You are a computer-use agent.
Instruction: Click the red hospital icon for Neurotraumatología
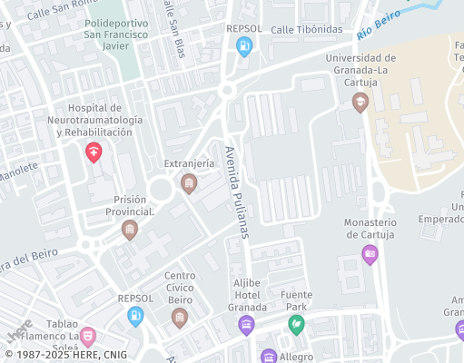(x=93, y=152)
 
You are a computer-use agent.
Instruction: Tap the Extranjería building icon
(x=188, y=184)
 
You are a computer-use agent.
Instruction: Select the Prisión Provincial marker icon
(x=130, y=231)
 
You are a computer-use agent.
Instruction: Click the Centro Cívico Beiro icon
(x=179, y=318)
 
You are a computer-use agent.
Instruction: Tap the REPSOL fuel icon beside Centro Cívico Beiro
(x=135, y=316)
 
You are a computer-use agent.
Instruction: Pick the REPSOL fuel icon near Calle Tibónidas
(x=243, y=47)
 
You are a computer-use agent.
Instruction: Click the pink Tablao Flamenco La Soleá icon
(x=87, y=337)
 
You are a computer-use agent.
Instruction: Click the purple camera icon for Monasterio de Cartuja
(x=369, y=254)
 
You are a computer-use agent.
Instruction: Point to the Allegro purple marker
(x=269, y=357)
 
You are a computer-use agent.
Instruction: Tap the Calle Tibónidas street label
(x=307, y=30)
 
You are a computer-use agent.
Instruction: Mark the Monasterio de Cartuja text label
(x=370, y=229)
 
